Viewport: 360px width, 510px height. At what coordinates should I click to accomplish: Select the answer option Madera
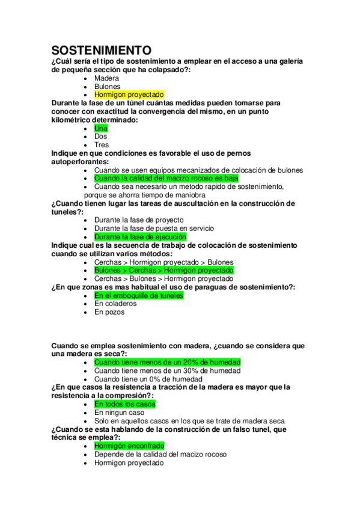point(106,78)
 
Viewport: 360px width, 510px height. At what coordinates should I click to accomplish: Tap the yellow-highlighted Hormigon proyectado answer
point(129,95)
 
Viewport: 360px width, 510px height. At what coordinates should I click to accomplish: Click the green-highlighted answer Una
point(101,128)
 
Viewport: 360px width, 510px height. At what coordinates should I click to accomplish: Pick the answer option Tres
point(102,145)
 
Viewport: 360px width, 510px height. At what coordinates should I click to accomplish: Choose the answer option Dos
point(101,137)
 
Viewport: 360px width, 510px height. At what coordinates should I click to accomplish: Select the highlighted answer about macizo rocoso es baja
point(166,179)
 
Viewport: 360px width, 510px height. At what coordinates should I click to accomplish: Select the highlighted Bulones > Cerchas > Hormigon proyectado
point(163,271)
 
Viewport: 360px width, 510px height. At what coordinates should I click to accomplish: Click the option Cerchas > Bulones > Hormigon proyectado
point(163,279)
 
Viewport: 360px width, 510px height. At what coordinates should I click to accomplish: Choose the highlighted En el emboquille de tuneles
point(139,295)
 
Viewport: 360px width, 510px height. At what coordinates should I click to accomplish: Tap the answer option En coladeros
point(115,304)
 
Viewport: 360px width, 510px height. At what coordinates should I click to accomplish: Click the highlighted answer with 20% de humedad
point(167,362)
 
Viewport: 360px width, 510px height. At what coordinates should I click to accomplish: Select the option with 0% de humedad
point(148,379)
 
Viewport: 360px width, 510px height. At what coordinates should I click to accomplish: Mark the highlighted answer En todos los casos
point(124,404)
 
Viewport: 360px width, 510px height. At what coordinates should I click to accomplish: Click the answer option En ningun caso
point(119,413)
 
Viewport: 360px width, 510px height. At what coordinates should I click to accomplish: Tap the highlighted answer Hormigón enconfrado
point(129,446)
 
